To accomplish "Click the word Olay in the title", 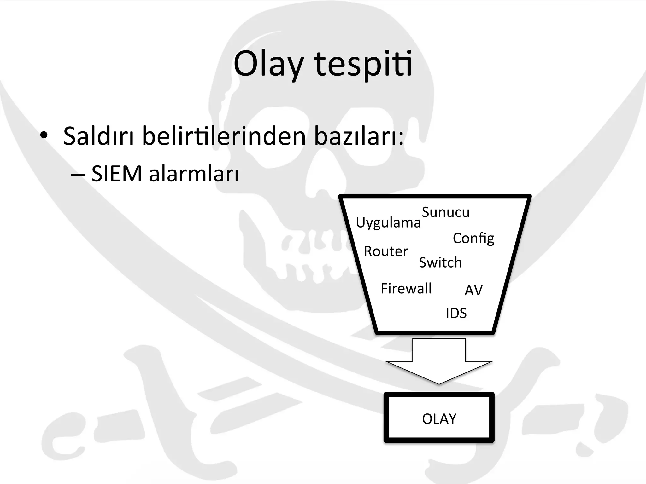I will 268,65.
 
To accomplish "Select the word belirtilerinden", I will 224,136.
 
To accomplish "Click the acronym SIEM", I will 117,174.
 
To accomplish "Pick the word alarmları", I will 194,174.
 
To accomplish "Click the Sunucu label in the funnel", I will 445,212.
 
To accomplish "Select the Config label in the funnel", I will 473,239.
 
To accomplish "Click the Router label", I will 386,251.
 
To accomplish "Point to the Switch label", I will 440,262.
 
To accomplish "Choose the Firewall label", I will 406,289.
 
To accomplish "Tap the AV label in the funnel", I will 473,290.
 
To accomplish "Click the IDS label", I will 456,313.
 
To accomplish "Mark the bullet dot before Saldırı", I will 44,136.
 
